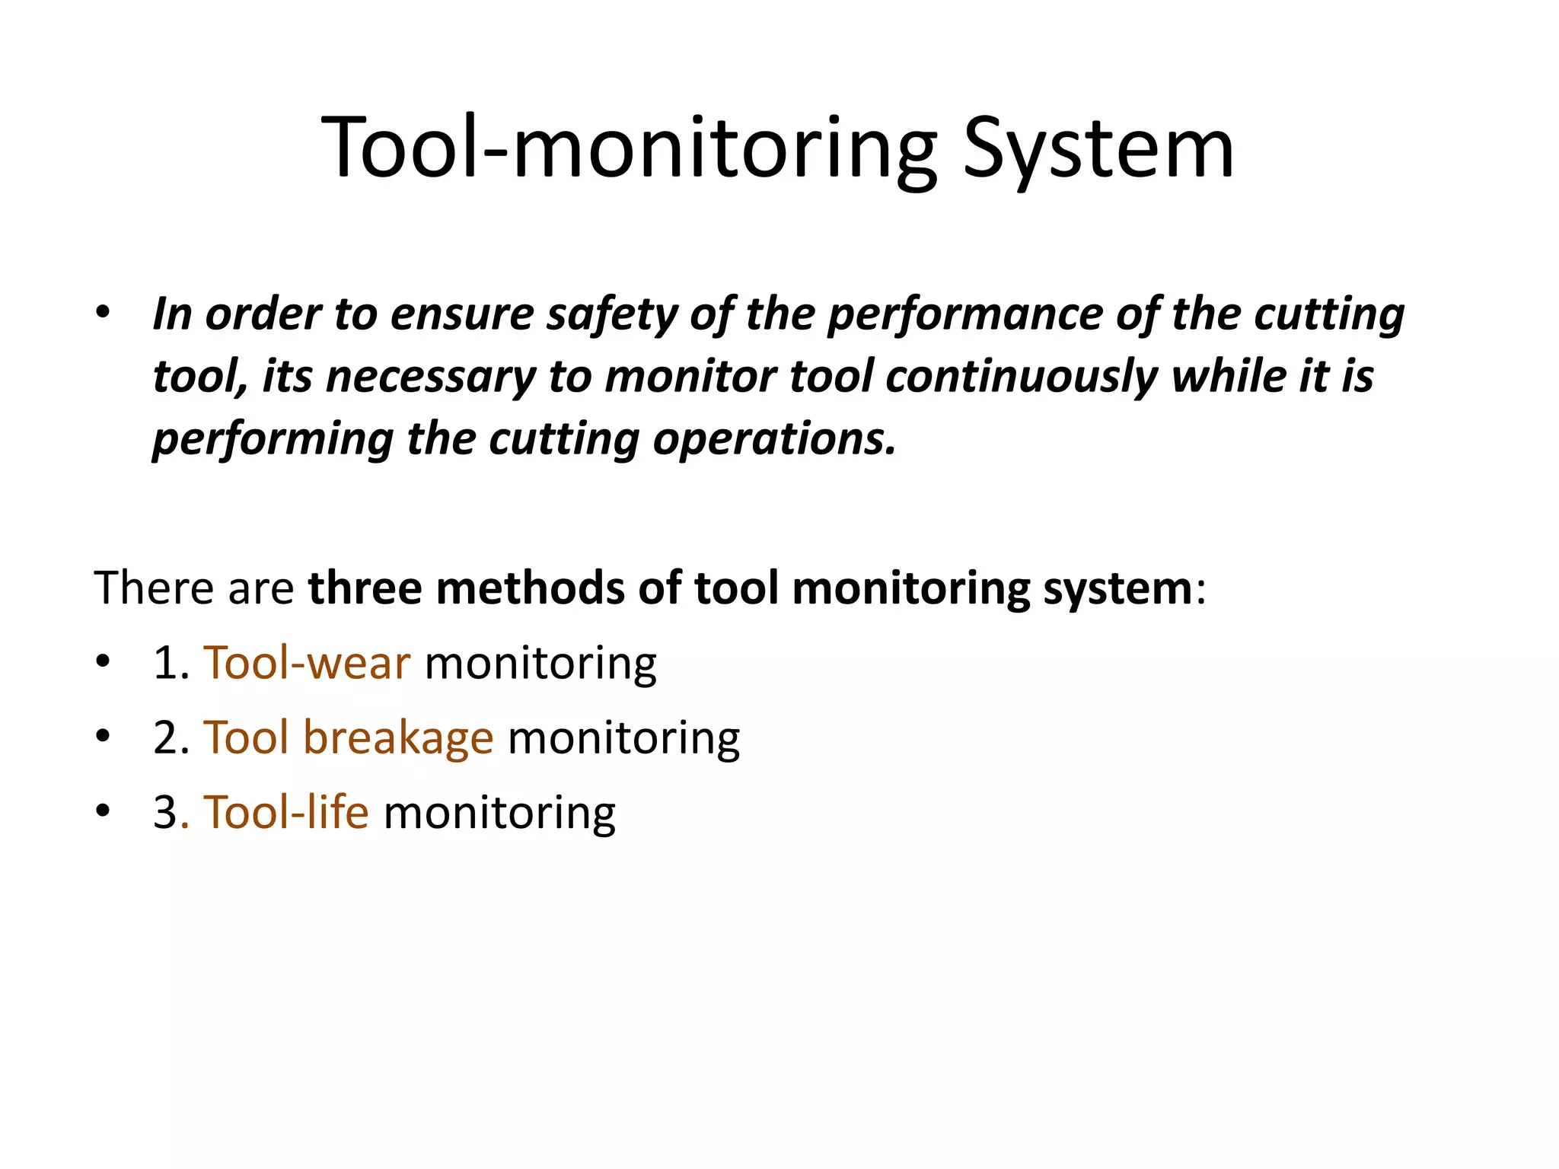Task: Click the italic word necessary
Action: tap(430, 377)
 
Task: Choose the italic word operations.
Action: tap(774, 439)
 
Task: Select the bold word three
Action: tap(364, 588)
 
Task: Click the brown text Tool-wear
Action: tap(307, 663)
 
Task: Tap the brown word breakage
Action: tap(398, 737)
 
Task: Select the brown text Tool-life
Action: tap(286, 812)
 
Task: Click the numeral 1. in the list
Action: tap(171, 663)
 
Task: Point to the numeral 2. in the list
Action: tap(171, 737)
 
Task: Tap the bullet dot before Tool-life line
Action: tap(103, 811)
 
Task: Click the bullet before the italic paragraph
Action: tap(103, 313)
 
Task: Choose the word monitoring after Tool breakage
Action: tap(623, 737)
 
